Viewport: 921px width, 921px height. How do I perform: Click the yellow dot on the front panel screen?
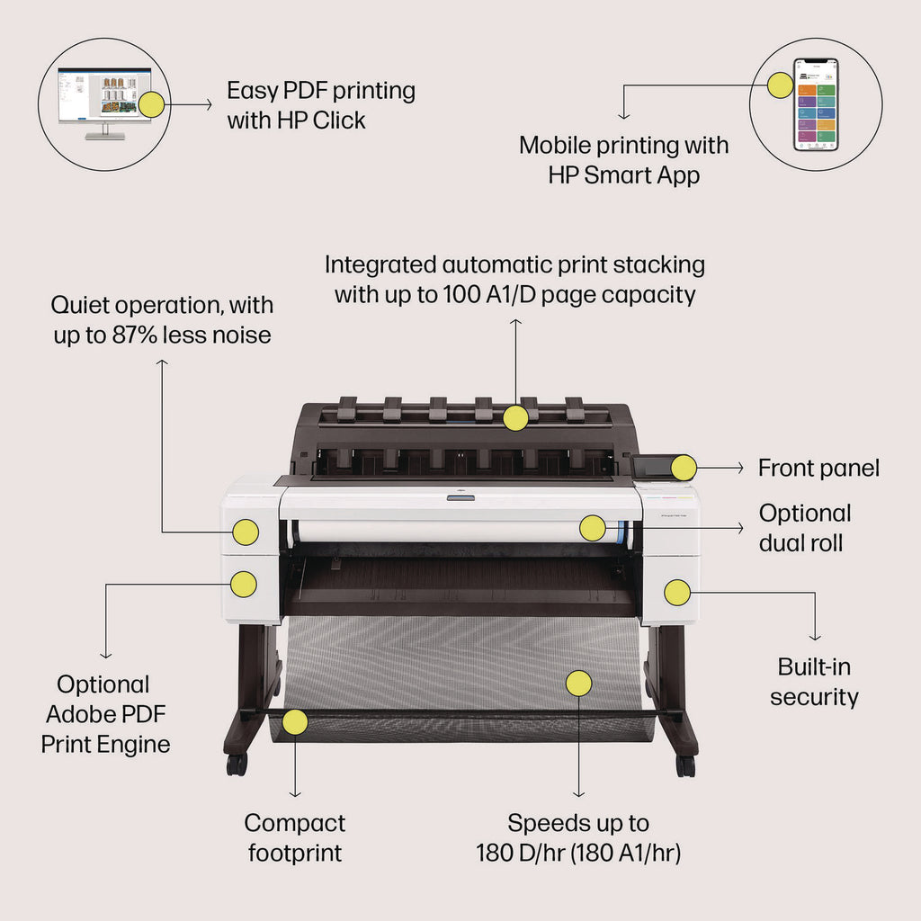(684, 468)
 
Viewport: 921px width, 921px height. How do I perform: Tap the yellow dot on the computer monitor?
(152, 105)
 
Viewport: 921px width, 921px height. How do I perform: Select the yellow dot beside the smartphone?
(780, 85)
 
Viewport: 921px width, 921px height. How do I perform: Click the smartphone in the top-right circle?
(815, 104)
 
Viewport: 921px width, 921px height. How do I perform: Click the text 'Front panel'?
(818, 468)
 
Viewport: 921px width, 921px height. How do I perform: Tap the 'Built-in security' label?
(814, 682)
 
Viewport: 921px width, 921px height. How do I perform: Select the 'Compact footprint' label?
(295, 837)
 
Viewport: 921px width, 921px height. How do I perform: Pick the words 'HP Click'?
(322, 121)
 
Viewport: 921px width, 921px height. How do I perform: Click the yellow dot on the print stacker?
(515, 417)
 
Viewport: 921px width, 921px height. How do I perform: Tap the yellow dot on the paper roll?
(592, 528)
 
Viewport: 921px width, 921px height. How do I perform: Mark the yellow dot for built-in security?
(676, 592)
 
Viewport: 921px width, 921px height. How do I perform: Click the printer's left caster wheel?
(237, 765)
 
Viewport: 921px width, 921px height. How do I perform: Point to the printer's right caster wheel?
(685, 765)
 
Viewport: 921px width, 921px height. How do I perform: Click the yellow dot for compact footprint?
(295, 721)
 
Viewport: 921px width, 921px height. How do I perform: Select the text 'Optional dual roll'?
(804, 528)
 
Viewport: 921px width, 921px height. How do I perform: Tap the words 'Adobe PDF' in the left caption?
(105, 714)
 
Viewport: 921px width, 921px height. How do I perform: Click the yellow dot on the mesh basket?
(578, 683)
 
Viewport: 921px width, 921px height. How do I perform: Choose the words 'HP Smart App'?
(623, 174)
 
